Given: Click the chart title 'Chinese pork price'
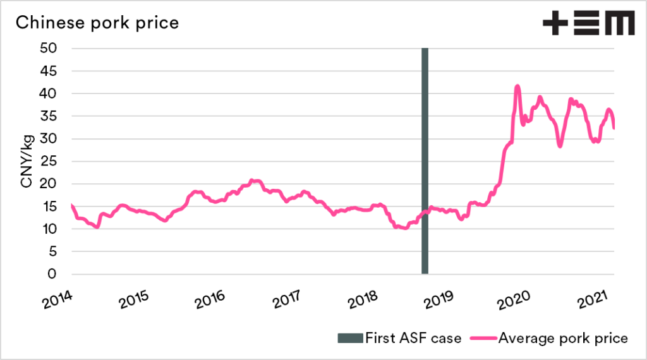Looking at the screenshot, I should [x=97, y=23].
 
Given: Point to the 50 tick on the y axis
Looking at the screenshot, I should [x=49, y=49].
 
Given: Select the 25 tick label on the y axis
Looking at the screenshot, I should [x=49, y=162].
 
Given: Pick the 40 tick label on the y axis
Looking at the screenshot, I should [x=49, y=93].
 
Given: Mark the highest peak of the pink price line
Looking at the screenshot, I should [x=517, y=86].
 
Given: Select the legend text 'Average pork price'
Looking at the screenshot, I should [x=564, y=338].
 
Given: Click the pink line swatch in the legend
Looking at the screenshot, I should [x=482, y=338].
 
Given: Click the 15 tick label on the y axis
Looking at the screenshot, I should [x=49, y=207].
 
